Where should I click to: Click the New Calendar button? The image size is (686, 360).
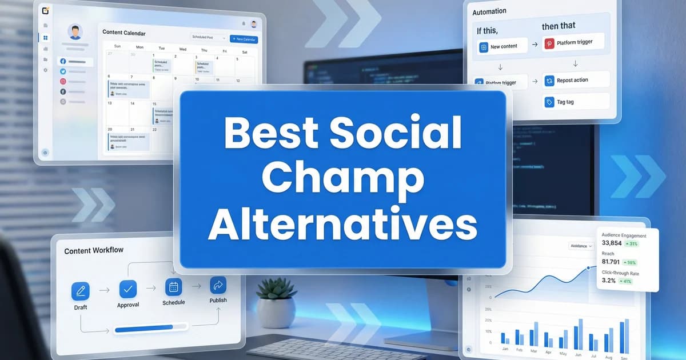(244, 39)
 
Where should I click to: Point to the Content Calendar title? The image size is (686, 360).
(124, 33)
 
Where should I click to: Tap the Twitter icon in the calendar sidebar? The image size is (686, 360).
(63, 71)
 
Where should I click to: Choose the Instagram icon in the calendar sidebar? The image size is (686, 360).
(63, 82)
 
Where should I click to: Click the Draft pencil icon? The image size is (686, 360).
(81, 291)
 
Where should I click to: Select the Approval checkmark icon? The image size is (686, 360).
(128, 289)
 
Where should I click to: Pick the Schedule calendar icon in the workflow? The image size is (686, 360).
(174, 286)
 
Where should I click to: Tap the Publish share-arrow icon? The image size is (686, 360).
(218, 285)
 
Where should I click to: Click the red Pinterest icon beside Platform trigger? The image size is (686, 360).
(549, 43)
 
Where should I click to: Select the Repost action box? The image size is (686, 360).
(575, 81)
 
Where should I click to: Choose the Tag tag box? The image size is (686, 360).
(575, 102)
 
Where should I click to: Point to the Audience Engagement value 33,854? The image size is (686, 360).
(612, 243)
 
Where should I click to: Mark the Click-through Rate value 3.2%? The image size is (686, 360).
(609, 281)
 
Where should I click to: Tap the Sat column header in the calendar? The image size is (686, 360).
(245, 52)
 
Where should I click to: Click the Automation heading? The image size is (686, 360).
(489, 11)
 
